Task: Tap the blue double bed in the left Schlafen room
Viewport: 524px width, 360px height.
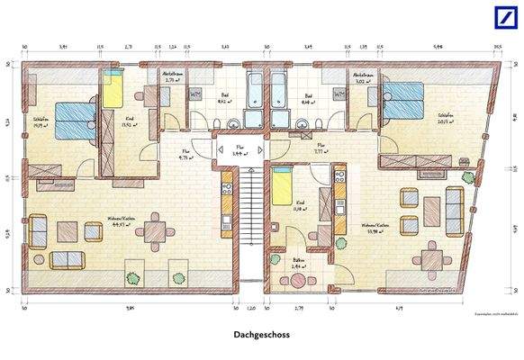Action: coord(71,121)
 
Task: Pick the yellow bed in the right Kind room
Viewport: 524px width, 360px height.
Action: coord(282,190)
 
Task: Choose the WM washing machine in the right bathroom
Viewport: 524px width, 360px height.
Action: coord(340,94)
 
